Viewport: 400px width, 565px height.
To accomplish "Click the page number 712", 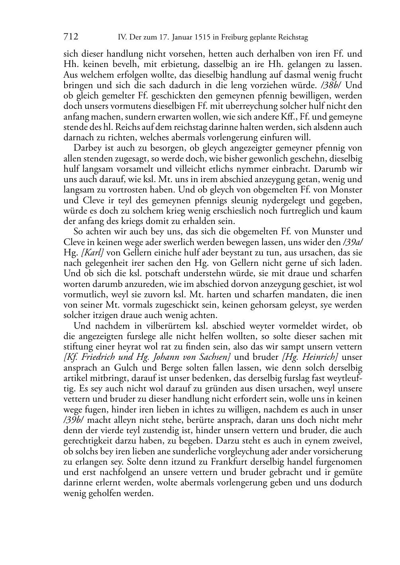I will [x=71, y=37].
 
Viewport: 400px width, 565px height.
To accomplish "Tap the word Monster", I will [x=347, y=190].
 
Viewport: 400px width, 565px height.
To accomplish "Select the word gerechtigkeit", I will [x=88, y=441].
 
